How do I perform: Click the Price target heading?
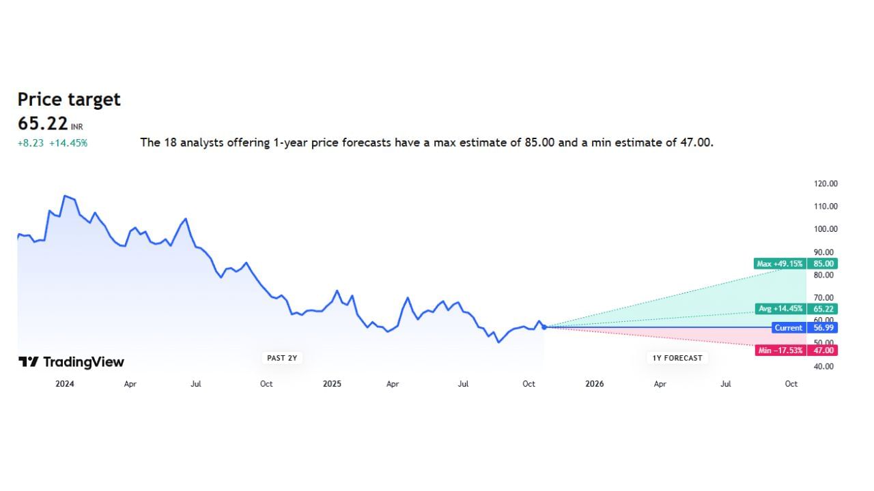(69, 100)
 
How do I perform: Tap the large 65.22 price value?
(42, 123)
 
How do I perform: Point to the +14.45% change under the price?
(68, 143)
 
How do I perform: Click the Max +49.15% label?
(780, 264)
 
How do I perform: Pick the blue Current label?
(788, 328)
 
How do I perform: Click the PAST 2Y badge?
(282, 358)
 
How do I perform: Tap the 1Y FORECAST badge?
(676, 358)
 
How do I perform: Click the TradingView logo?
(71, 362)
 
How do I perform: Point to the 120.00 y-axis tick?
(826, 183)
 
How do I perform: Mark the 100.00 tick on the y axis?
(826, 229)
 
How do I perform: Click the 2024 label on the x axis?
(65, 384)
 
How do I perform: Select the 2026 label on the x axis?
(595, 384)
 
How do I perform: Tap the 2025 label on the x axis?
(332, 384)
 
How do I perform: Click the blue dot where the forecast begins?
(544, 327)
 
